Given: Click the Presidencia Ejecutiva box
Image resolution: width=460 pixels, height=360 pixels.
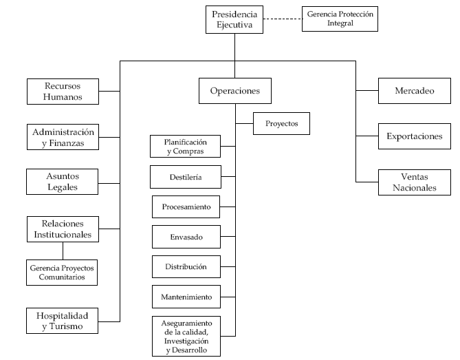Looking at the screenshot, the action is click(x=234, y=19).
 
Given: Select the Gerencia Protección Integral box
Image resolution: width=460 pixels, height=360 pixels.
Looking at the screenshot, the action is click(x=340, y=19).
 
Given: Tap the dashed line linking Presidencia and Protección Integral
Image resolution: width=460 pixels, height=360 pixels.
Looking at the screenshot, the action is click(x=283, y=19).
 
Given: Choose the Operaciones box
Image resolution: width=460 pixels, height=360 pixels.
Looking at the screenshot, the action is click(x=235, y=91).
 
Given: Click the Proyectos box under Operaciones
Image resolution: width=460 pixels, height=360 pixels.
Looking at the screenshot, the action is click(x=281, y=123).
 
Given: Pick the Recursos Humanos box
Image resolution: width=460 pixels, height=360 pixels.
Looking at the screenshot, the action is click(x=63, y=92).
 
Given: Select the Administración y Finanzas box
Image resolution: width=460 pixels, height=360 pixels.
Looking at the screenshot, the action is click(x=63, y=137).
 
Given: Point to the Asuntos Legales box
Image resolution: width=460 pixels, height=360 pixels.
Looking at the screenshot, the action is click(x=62, y=182).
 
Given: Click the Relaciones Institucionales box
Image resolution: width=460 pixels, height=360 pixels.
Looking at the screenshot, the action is click(x=63, y=229).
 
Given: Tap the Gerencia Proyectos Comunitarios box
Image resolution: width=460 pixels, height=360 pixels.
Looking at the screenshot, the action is click(x=62, y=273).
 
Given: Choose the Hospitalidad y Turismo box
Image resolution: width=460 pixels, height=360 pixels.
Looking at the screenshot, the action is click(x=62, y=321).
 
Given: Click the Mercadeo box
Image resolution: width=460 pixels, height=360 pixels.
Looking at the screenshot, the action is click(x=415, y=91).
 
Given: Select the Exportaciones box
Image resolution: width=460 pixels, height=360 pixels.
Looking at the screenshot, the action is click(x=415, y=136).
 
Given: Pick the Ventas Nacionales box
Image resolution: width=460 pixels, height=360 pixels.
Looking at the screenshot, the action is click(x=415, y=182).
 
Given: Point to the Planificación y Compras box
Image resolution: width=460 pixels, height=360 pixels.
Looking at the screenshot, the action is click(x=185, y=146).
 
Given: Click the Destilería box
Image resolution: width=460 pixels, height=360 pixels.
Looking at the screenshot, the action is click(x=186, y=177).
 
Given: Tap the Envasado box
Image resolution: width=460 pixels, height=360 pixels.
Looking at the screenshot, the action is click(x=186, y=237).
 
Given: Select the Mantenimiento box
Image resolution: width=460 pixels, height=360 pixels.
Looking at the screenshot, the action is click(x=186, y=297).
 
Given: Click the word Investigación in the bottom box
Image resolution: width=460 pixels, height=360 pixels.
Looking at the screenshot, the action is click(x=186, y=341).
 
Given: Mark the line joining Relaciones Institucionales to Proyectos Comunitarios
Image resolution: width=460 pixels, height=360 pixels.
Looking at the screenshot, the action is click(x=63, y=251).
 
